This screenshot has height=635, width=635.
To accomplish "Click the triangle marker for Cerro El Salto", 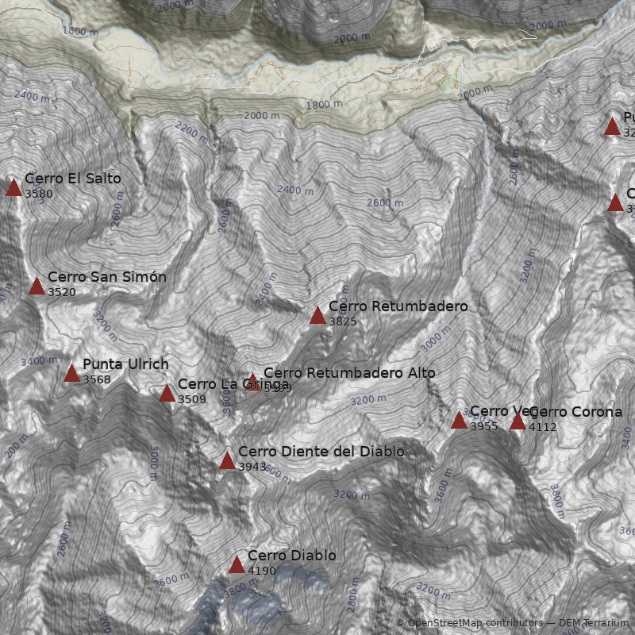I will (13, 187).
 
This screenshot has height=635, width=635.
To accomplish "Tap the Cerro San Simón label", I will (107, 277).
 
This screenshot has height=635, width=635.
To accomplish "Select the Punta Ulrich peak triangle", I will (71, 373).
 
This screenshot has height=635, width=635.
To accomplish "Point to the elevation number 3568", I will (97, 379).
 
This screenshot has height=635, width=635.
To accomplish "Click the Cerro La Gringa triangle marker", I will (167, 393).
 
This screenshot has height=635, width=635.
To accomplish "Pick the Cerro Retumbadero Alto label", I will (349, 372).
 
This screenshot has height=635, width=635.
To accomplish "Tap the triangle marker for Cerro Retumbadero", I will (317, 315).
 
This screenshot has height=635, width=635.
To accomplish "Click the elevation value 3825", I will (343, 321).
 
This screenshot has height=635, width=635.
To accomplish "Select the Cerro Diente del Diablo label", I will (321, 452).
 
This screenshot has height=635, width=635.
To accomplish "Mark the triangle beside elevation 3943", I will (227, 460).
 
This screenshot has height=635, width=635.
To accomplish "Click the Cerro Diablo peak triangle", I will (237, 564).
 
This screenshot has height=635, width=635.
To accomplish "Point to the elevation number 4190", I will (262, 571).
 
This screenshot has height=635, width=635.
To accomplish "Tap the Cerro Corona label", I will (575, 412).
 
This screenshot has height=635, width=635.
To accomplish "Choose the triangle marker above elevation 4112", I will (518, 421).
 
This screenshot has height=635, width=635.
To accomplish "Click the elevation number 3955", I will (484, 426).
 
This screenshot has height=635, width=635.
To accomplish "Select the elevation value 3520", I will (62, 292).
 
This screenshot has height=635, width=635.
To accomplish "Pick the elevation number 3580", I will (39, 194).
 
